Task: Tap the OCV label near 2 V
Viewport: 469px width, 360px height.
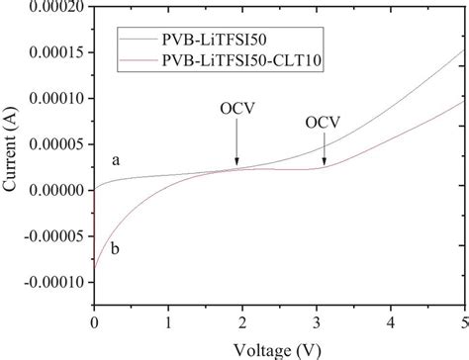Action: coord(236,127)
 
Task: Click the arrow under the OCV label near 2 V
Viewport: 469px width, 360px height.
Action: coord(236,150)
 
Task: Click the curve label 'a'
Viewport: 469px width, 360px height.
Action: coord(117,160)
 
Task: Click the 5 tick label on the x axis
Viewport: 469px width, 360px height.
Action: coord(464,321)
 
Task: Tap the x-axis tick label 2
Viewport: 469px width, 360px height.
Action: coord(242,321)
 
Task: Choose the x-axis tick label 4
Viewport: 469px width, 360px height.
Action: coord(390,321)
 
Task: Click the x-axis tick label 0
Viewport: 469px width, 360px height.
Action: coord(94,321)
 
